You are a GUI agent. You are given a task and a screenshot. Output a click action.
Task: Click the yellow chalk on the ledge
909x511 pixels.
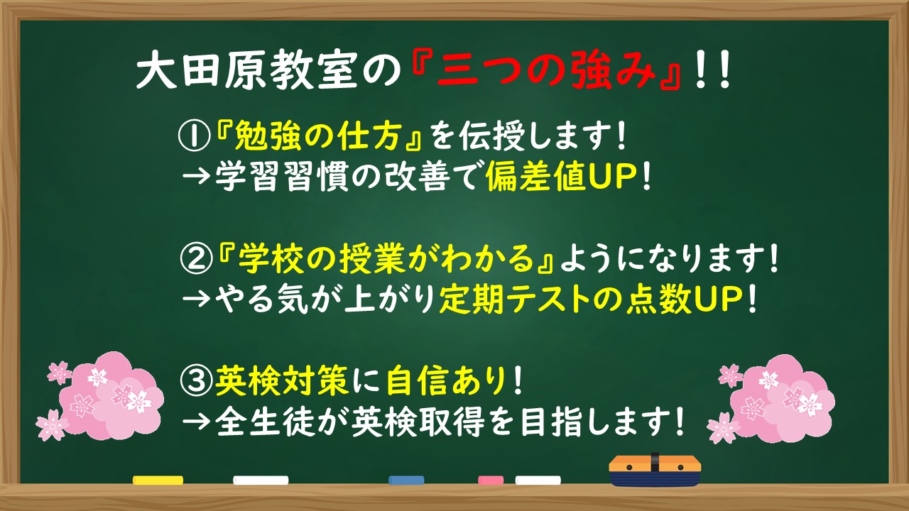158,480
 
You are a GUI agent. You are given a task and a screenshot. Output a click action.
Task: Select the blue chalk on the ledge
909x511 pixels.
406,480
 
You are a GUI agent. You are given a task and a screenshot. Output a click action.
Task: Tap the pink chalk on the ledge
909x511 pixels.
491,480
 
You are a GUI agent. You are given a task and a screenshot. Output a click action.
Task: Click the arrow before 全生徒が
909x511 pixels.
193,424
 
